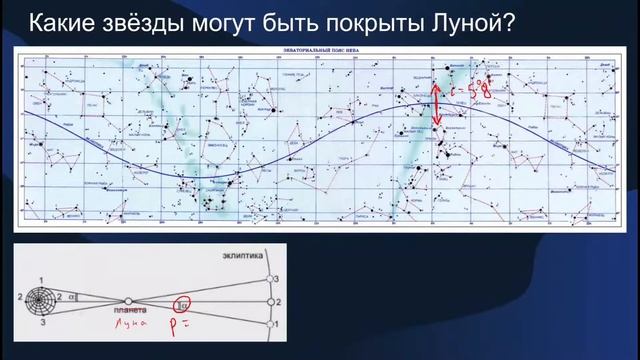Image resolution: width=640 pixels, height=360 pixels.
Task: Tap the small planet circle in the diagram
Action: coord(127,299)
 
